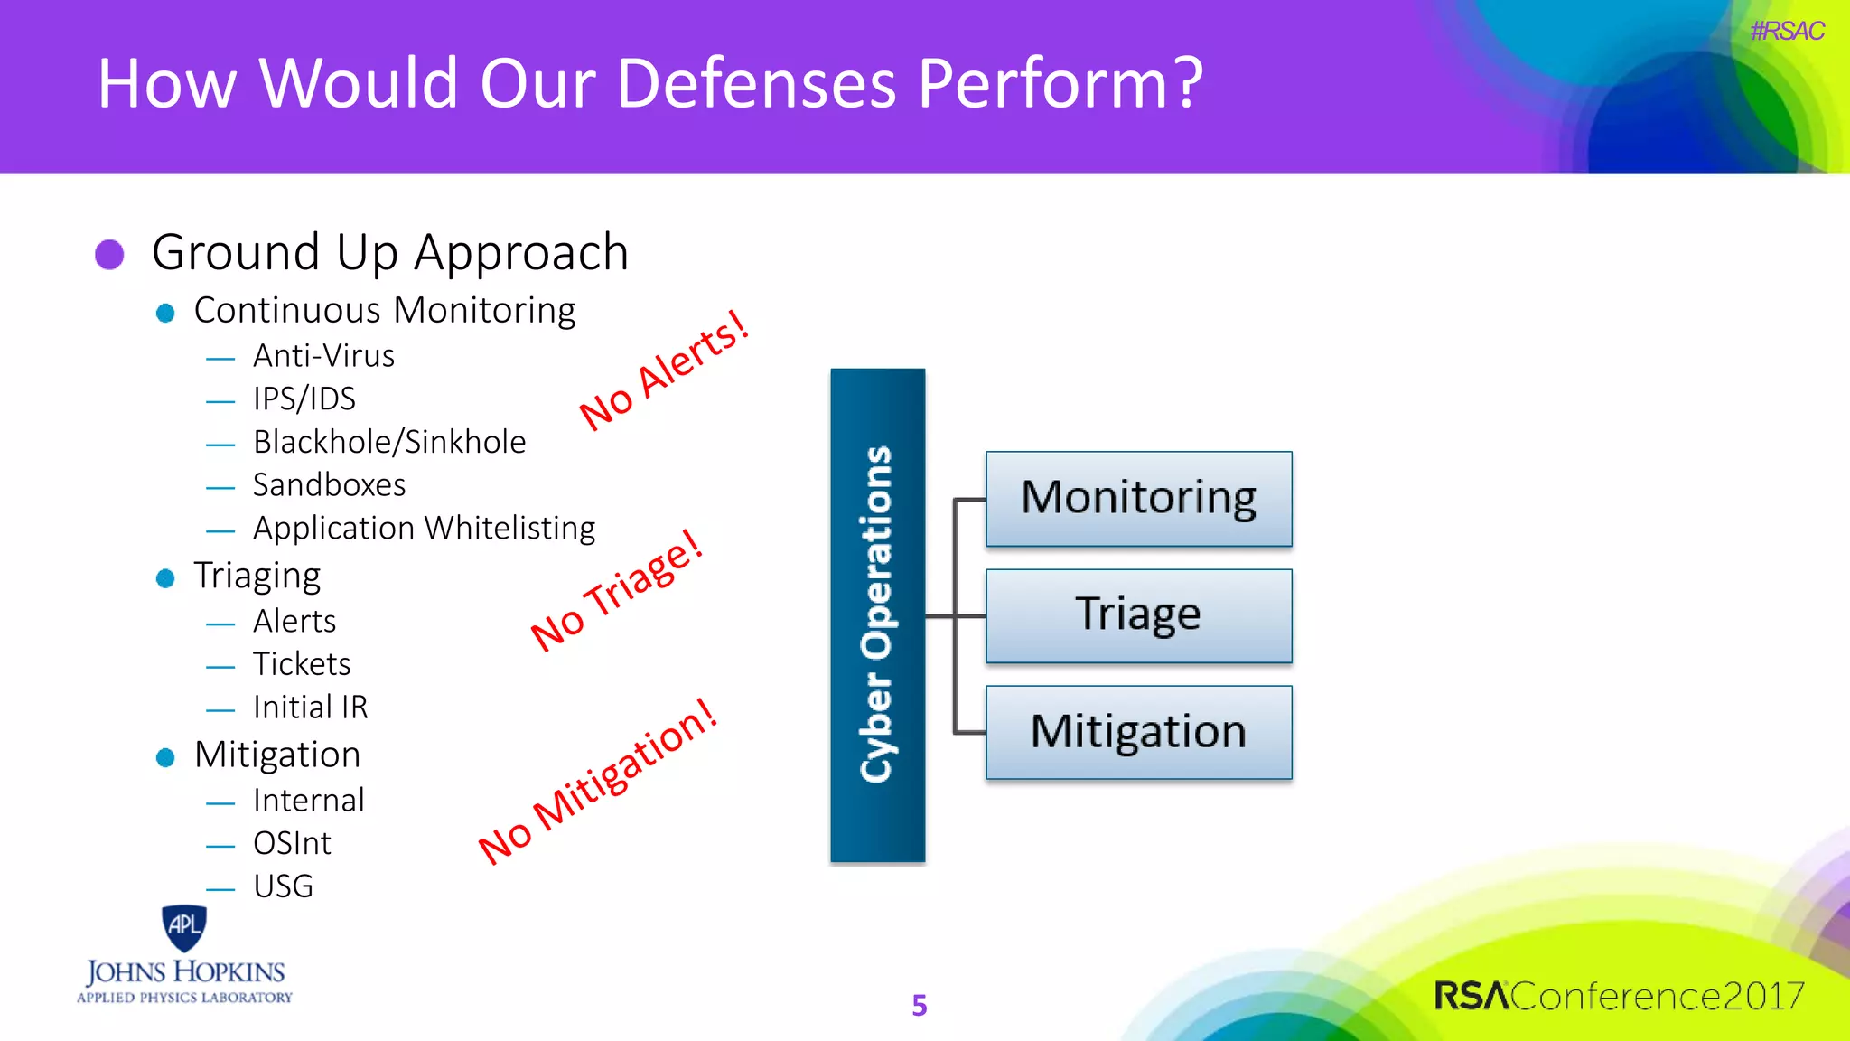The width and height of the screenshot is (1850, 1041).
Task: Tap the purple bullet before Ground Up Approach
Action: pos(109,254)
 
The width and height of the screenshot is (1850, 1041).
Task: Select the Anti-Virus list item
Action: pos(323,356)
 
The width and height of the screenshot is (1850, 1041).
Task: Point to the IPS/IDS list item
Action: pos(304,399)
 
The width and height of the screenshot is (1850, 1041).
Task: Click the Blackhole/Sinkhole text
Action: pos(389,442)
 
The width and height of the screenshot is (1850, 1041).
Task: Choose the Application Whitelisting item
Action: pos(424,528)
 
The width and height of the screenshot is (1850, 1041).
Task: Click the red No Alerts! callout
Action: pos(664,370)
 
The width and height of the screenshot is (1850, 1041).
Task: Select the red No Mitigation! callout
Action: pos(598,782)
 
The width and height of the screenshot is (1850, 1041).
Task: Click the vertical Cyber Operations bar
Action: pos(877,614)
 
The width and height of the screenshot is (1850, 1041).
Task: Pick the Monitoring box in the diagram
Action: pos(1138,499)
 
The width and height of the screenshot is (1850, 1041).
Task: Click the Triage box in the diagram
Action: pos(1138,615)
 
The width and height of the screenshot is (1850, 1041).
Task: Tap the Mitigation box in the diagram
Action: pos(1138,732)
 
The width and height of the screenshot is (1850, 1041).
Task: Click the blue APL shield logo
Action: pos(184,927)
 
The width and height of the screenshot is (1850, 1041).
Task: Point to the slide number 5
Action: pos(919,1005)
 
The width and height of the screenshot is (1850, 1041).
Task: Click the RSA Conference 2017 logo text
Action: pos(1619,996)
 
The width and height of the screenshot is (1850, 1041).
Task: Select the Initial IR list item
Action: pos(310,708)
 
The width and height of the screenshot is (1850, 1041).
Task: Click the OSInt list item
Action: pos(292,843)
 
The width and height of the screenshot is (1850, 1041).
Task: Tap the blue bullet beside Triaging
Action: pos(165,578)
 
